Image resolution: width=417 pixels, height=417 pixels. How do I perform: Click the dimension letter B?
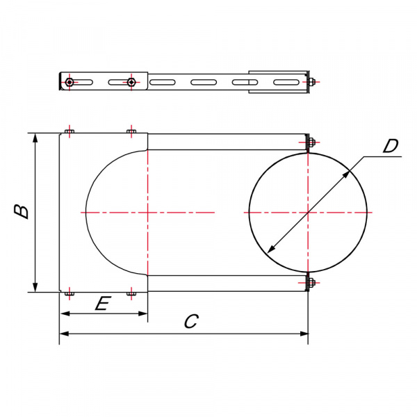[22, 211]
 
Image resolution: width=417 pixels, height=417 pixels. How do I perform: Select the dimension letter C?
[191, 321]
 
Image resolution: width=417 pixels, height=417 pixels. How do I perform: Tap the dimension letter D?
[391, 146]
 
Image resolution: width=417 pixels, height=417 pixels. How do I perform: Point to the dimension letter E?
[103, 304]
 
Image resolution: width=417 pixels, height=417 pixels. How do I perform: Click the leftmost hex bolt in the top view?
[69, 82]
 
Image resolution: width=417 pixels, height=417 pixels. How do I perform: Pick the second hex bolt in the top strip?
[131, 82]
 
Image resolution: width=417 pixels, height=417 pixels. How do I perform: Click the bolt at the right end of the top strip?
[311, 82]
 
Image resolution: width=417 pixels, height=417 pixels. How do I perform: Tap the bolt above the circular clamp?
[311, 142]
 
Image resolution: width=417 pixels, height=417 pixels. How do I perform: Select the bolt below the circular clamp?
[311, 282]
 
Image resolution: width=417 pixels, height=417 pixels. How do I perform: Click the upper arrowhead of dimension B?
[35, 138]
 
